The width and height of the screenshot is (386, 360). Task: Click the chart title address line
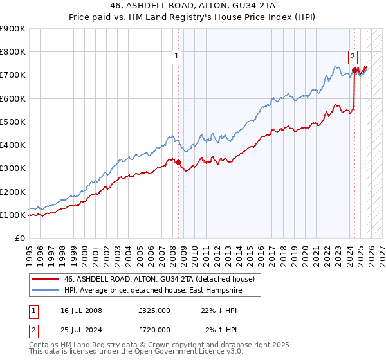pos(193,6)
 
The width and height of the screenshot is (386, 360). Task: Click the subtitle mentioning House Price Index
pos(193,17)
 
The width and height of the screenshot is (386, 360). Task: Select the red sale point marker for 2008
pos(178,163)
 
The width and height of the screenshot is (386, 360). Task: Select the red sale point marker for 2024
pos(354,70)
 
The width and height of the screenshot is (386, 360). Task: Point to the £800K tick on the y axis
pos(13,51)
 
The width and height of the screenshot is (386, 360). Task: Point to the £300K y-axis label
pos(13,168)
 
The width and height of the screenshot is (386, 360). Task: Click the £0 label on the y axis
pos(19,238)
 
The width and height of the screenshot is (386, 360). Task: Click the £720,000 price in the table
pos(154,331)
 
